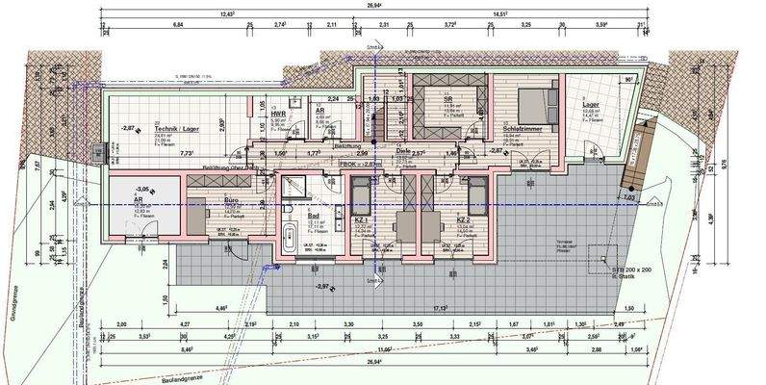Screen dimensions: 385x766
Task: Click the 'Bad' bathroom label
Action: tap(314, 217)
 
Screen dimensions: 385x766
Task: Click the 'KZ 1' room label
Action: tap(362, 220)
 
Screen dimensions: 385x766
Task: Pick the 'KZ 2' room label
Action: tap(463, 220)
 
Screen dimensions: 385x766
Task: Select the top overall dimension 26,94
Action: tap(383, 4)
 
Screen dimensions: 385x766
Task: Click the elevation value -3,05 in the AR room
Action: tap(142, 190)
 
